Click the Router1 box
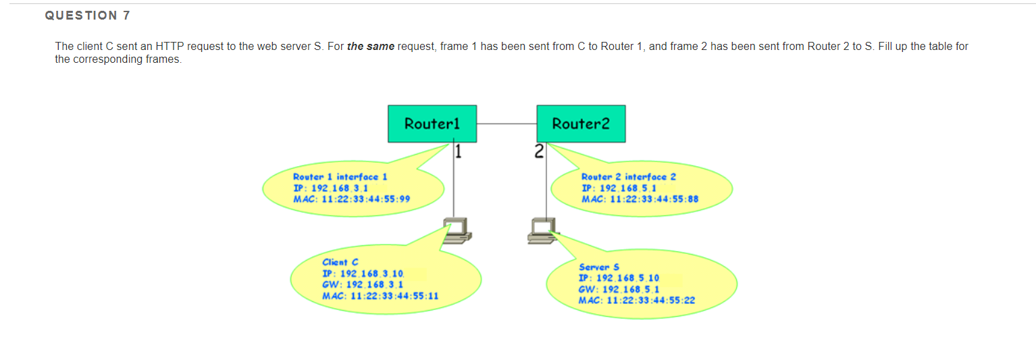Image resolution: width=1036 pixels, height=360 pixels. (x=432, y=124)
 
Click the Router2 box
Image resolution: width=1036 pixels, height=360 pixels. (x=581, y=124)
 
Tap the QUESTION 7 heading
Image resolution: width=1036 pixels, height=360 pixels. (x=88, y=16)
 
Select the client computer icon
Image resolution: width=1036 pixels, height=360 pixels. (x=458, y=230)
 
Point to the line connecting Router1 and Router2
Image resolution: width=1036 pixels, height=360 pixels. (x=507, y=124)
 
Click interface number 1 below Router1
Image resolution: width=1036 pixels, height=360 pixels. (x=458, y=151)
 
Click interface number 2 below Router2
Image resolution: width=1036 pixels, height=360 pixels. (x=538, y=151)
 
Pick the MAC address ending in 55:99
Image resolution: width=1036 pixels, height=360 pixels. (x=352, y=199)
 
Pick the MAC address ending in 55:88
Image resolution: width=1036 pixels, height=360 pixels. (x=640, y=199)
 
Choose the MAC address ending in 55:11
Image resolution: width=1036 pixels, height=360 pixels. (x=380, y=296)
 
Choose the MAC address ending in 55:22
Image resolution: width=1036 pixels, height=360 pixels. (x=637, y=300)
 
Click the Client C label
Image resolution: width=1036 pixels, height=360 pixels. (x=340, y=262)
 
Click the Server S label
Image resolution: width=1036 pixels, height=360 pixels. (x=599, y=267)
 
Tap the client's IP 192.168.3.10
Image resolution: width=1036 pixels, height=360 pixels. (x=363, y=274)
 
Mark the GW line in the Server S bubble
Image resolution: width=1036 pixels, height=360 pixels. (x=610, y=289)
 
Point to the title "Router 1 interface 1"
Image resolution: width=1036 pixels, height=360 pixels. (x=340, y=176)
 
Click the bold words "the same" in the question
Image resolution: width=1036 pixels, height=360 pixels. (x=371, y=47)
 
